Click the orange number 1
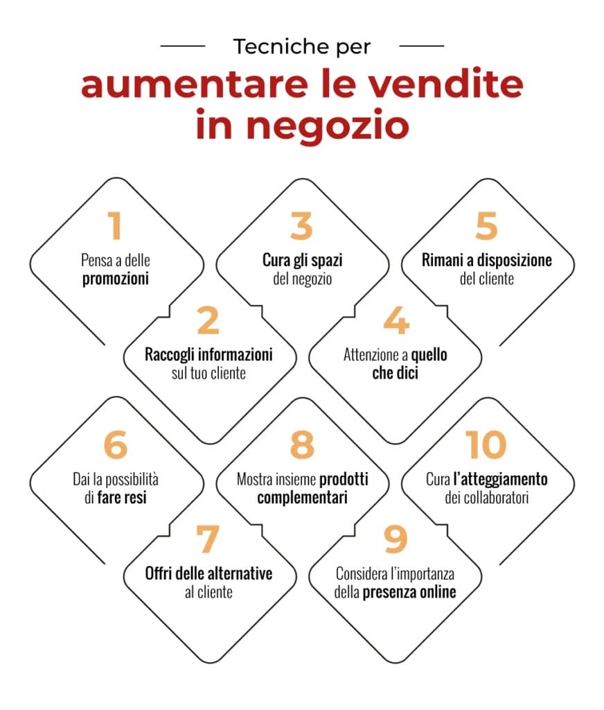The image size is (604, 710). pos(115,226)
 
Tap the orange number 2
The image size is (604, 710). pos(208,320)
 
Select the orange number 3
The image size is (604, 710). pos(302,226)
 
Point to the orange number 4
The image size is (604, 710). pos(395,320)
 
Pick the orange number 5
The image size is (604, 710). pos(488,226)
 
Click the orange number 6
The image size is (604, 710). pos(115,445)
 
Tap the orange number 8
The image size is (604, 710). pos(302,445)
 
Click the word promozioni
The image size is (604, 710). pos(117,280)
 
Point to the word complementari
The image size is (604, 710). pos(302,498)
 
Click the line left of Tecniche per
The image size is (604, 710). pos(182,46)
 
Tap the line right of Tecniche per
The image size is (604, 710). pos(422,46)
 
